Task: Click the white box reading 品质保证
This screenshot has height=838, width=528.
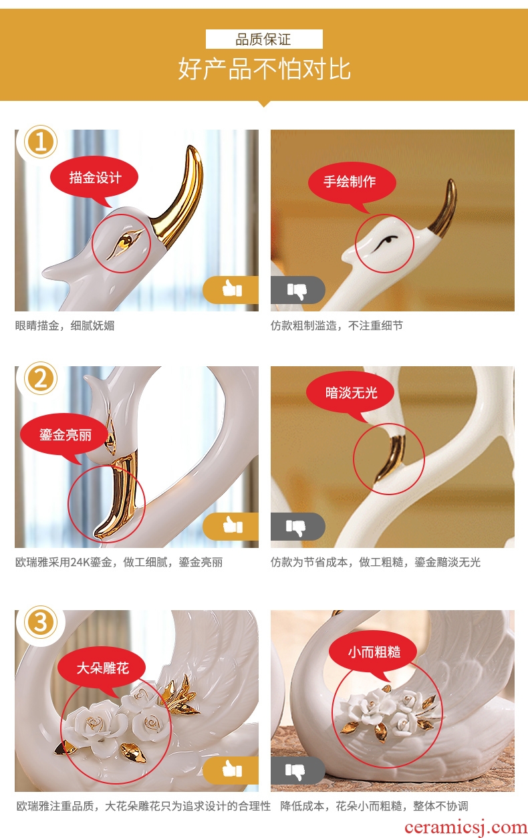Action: [264, 39]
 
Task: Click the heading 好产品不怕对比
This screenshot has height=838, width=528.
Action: [264, 69]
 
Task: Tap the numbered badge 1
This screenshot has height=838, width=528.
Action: [40, 142]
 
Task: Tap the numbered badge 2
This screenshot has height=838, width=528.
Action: [40, 378]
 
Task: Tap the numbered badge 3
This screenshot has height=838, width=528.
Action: [40, 622]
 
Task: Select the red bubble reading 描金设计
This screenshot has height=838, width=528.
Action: [94, 178]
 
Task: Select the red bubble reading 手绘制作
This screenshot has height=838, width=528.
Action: [352, 182]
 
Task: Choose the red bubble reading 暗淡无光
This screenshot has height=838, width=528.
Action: [350, 393]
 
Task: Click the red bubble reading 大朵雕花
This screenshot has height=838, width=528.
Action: [102, 668]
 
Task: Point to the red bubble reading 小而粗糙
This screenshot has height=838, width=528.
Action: [374, 652]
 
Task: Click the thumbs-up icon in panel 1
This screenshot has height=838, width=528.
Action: [232, 289]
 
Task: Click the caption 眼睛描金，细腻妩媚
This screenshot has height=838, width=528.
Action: [65, 325]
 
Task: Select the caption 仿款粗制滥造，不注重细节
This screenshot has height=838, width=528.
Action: [337, 325]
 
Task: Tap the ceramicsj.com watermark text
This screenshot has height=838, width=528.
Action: [466, 827]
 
